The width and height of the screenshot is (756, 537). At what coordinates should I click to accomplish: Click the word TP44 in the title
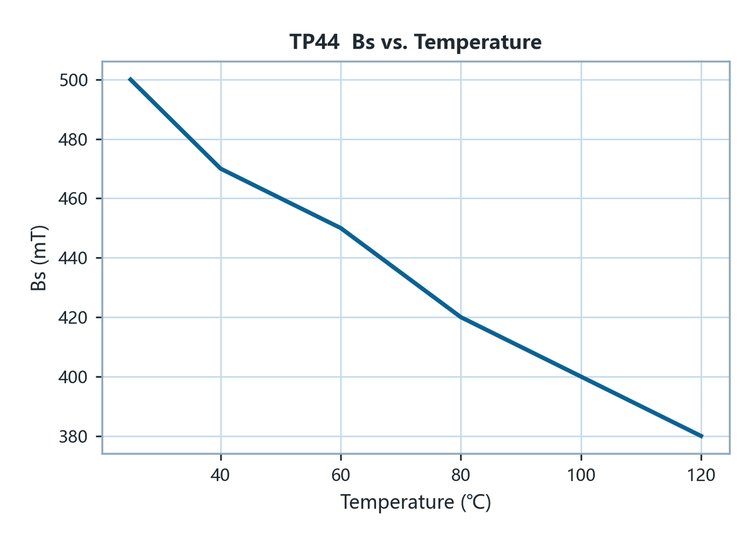tap(314, 42)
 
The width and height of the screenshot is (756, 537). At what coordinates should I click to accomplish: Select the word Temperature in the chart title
tap(478, 43)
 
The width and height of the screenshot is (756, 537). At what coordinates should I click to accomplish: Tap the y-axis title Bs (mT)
tap(38, 258)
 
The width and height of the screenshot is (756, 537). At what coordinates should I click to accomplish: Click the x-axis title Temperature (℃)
tap(415, 502)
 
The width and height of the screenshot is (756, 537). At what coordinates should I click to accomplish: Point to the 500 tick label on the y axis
tap(74, 81)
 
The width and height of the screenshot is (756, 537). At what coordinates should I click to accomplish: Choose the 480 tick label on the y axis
tap(73, 140)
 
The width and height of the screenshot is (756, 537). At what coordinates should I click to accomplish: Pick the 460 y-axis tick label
tap(73, 199)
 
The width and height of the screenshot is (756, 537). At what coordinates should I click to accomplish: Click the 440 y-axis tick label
tap(73, 258)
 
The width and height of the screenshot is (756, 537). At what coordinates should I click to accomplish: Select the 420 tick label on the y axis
tap(73, 318)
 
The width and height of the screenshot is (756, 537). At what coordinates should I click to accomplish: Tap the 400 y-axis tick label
tap(73, 378)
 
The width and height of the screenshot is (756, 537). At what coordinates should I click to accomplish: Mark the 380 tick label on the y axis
tap(73, 437)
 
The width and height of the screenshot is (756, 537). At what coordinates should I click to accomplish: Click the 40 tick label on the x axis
tap(220, 475)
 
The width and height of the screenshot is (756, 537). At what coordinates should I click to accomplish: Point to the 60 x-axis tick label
tap(341, 475)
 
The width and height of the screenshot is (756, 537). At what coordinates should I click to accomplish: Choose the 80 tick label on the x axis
tap(461, 475)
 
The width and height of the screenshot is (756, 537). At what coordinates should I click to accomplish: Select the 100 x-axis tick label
tap(581, 475)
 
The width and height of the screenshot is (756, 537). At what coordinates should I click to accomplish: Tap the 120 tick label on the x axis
tap(701, 475)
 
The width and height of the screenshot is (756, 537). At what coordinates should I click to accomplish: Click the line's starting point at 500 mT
tap(130, 79)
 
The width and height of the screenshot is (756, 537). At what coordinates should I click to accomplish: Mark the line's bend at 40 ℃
tap(220, 168)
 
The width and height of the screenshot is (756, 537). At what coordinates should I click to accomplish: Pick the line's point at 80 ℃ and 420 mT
tap(461, 317)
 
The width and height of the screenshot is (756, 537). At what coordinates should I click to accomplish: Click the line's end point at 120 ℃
tap(702, 436)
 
